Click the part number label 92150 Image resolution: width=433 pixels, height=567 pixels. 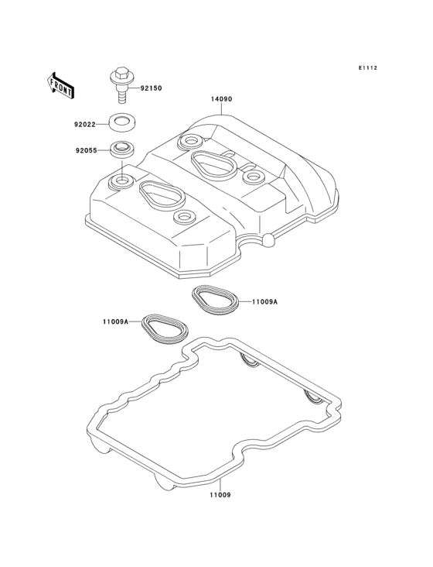pos(152,88)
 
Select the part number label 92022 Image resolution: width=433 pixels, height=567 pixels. pos(85,125)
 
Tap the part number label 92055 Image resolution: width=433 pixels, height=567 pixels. pos(87,150)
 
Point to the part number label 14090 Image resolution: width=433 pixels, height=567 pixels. pos(222,99)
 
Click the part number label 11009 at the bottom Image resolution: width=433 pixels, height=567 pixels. pos(220,495)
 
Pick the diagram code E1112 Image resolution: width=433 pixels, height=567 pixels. pos(368,68)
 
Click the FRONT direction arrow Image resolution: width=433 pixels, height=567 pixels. pos(60,86)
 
